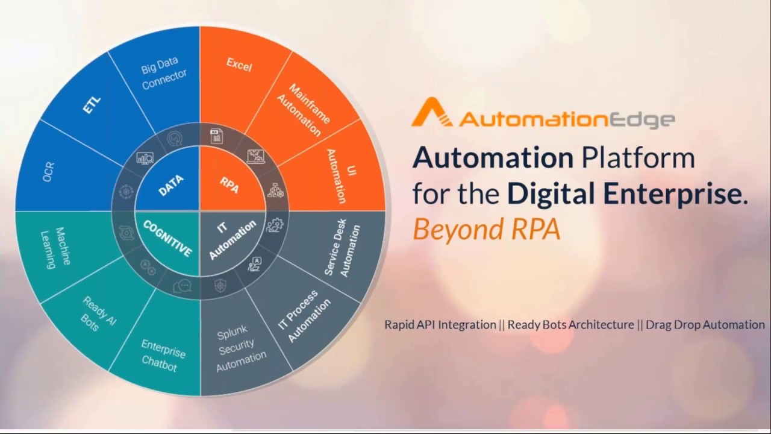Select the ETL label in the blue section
[92, 107]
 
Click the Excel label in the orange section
[239, 64]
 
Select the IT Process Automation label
[304, 316]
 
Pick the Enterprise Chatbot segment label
[162, 354]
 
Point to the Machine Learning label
[56, 247]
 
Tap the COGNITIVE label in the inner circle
[167, 237]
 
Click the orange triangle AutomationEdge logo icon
[431, 113]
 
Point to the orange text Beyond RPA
[486, 230]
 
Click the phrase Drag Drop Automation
[705, 325]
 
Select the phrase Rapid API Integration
[440, 325]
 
